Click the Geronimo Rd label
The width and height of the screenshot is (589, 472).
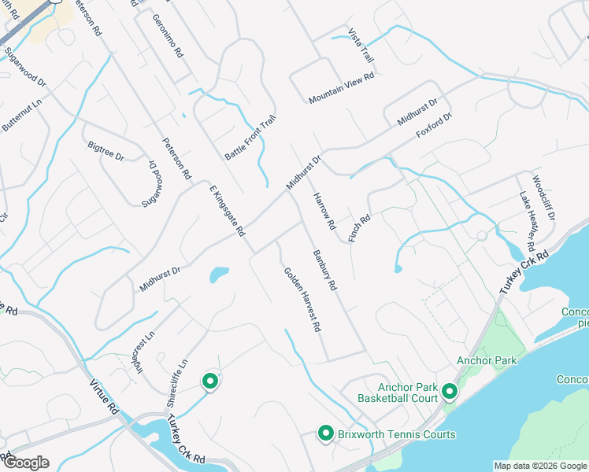(168, 36)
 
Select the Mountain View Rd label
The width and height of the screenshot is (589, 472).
(341, 87)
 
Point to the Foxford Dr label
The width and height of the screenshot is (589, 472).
(435, 127)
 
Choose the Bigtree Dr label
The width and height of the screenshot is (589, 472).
(106, 151)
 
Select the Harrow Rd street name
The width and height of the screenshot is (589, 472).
(324, 212)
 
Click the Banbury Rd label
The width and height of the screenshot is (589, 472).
(324, 271)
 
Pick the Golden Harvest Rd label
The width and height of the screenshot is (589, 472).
(303, 298)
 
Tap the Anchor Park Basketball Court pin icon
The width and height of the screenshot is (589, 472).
(450, 390)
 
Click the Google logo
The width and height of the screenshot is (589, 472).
(26, 463)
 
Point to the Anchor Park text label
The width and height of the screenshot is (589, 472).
(487, 360)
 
